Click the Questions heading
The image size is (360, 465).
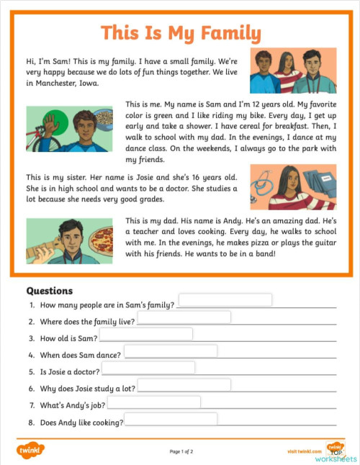click(x=50, y=291)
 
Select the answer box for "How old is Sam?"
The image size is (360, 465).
click(x=145, y=334)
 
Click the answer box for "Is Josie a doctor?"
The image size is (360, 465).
click(x=148, y=368)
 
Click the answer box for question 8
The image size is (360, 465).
click(x=171, y=419)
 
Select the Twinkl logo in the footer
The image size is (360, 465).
click(x=30, y=451)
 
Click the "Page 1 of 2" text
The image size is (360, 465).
click(x=181, y=451)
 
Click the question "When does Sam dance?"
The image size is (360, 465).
click(x=81, y=355)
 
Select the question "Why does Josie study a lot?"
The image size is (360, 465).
click(x=87, y=389)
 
